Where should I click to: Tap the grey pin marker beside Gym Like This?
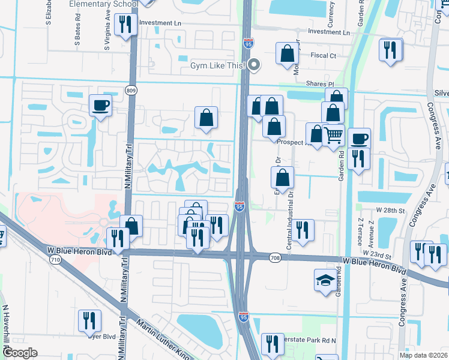[x=255, y=65]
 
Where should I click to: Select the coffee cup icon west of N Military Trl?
[x=101, y=106]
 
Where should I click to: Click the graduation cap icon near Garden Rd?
[x=325, y=280]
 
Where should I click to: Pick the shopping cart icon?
[x=334, y=134]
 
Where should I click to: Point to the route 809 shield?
[x=130, y=90]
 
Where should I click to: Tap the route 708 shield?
[x=276, y=258]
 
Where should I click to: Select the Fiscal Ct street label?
[x=324, y=56]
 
